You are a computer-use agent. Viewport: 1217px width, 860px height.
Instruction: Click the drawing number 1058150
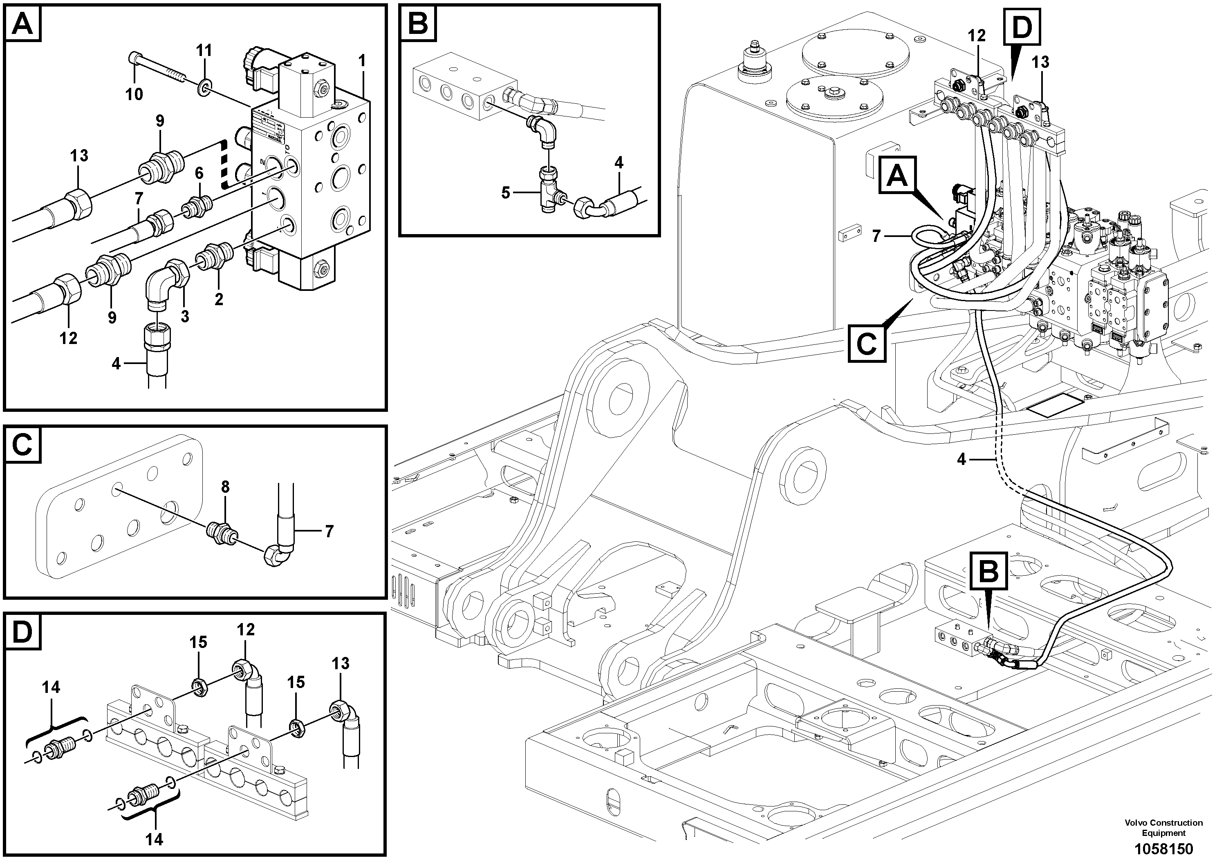pos(1163,848)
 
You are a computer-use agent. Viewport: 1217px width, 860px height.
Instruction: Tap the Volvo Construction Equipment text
pos(1163,827)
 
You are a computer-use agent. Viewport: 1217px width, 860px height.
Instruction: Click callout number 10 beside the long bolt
pos(134,94)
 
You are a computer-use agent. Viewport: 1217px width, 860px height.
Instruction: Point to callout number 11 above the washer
pos(204,51)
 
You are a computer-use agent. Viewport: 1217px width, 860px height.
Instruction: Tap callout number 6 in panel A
pos(199,173)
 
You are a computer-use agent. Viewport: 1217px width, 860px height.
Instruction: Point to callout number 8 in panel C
pos(225,487)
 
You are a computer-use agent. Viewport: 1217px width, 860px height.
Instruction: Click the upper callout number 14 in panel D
pos(52,687)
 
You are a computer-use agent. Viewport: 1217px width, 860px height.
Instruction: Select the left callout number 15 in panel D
pos(198,642)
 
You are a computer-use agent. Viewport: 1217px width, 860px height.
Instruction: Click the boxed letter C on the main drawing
pos(867,344)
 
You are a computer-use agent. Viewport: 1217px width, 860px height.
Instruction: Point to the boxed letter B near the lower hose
pos(988,571)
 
